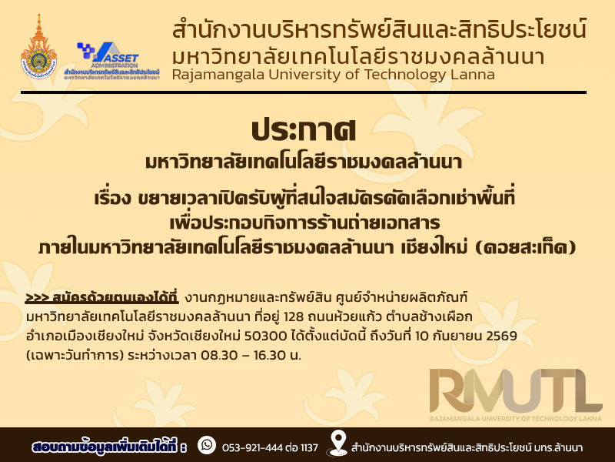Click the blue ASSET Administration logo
point(111,61)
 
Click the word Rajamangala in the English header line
point(218,74)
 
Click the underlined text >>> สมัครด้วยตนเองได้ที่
point(102,297)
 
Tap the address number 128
point(293,316)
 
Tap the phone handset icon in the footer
point(207,445)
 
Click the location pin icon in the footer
point(337,444)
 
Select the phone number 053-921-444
point(252,447)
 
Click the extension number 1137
point(309,447)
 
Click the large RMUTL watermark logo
point(515,394)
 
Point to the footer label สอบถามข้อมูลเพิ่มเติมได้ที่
point(109,447)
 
